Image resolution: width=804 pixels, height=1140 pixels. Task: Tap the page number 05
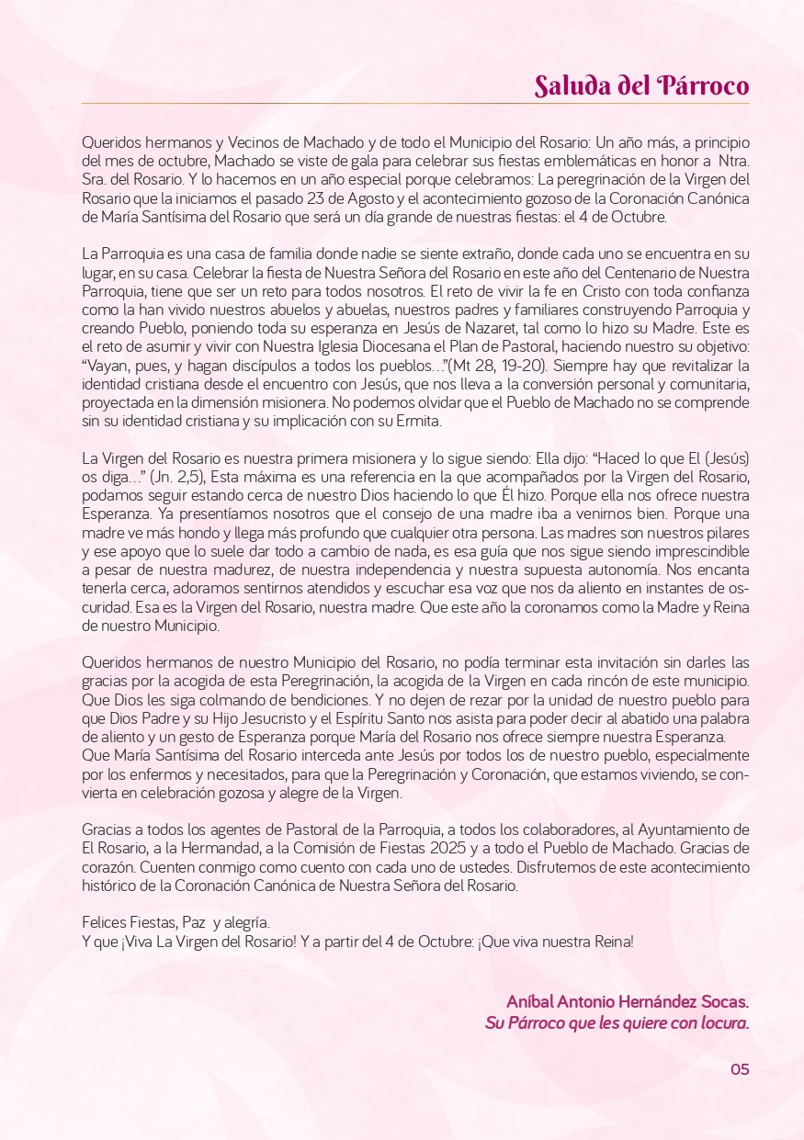[740, 1068]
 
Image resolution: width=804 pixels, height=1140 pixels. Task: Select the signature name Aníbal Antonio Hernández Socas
[628, 1000]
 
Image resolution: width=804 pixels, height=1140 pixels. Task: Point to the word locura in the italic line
[722, 1022]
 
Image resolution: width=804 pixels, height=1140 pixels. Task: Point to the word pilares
[722, 532]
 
